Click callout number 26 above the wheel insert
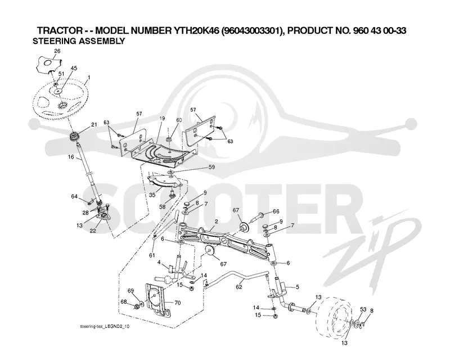57,51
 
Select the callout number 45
74,68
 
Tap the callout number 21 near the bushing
94,124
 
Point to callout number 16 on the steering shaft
71,157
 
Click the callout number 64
74,196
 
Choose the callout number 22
93,231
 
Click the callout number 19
163,118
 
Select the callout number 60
179,120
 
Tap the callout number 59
211,167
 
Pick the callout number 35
152,195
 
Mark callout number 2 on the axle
216,221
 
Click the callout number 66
276,211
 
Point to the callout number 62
239,287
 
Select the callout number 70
178,303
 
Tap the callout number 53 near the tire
363,309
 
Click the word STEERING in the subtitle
54,41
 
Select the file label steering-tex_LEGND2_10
105,326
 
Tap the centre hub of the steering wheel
62,106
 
